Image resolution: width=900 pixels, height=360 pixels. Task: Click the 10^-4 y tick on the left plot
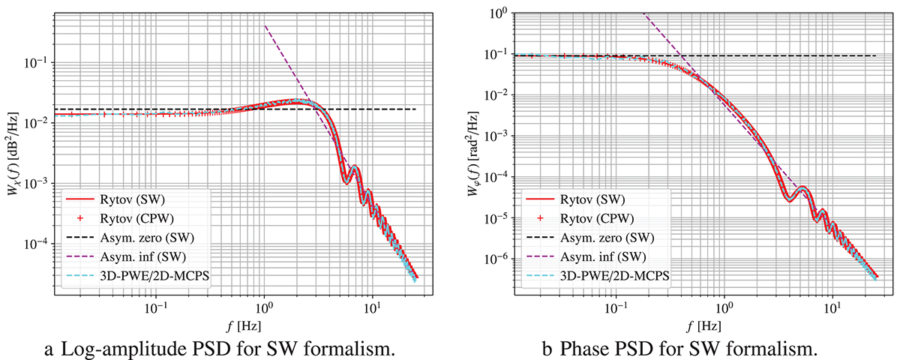point(39,244)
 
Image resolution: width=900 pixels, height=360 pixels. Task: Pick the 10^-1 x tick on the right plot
point(616,308)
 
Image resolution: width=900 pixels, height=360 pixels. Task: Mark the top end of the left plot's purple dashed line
point(265,25)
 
